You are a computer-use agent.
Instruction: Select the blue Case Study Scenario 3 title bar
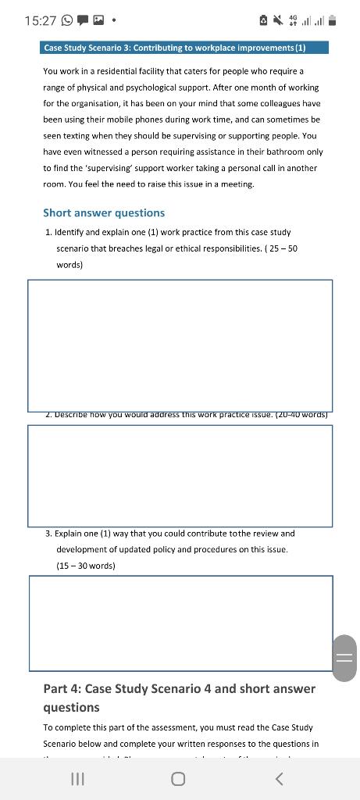tap(184, 48)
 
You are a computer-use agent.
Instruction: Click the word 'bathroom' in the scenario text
tap(280, 152)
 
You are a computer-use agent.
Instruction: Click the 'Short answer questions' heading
tap(104, 212)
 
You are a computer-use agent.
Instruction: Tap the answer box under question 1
tap(180, 345)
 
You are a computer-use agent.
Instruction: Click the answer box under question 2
tap(180, 475)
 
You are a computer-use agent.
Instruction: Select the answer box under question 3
tap(180, 623)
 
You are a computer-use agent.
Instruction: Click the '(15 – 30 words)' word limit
tap(86, 566)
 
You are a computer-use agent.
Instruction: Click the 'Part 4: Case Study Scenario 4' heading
tap(180, 688)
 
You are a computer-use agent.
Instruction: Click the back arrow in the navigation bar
tap(280, 779)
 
